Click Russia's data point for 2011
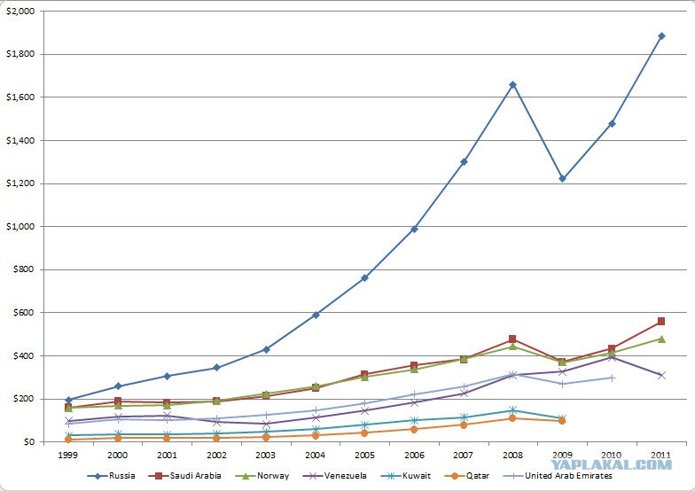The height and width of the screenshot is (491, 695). [x=661, y=35]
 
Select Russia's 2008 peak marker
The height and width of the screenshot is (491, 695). [x=512, y=85]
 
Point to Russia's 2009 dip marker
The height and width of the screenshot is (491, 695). [x=562, y=179]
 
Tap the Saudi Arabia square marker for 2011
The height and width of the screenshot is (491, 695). [x=661, y=321]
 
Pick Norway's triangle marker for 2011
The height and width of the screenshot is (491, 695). [x=661, y=339]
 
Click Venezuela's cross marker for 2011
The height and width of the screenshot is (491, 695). [x=661, y=376]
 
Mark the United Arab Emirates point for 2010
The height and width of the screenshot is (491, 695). [x=612, y=378]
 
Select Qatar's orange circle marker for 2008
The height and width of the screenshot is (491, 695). [x=512, y=418]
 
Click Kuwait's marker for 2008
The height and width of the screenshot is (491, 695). [x=512, y=409]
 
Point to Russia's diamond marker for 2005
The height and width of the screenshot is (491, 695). [x=364, y=278]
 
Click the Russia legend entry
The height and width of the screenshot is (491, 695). [x=112, y=476]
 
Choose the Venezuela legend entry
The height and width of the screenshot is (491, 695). [x=334, y=476]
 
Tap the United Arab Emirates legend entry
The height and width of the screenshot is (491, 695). [x=558, y=476]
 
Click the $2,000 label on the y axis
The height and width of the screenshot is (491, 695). [x=20, y=11]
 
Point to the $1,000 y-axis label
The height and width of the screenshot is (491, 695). [x=20, y=227]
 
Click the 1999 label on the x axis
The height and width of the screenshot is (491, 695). [x=68, y=456]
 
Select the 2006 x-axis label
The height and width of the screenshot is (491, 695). [x=414, y=456]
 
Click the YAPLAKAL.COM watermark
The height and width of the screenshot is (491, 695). [x=612, y=464]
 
